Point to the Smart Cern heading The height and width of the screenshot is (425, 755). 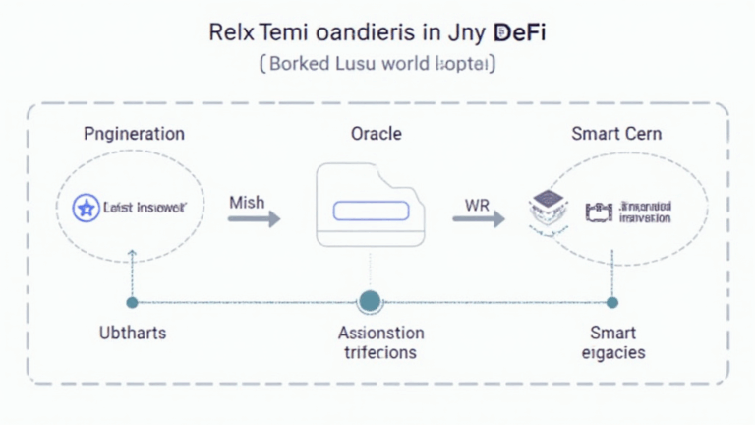click(616, 133)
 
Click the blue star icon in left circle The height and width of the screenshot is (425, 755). click(87, 208)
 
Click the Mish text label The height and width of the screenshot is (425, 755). click(248, 201)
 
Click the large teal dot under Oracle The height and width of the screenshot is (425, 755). click(370, 301)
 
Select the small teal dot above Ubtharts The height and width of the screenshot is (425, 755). click(132, 302)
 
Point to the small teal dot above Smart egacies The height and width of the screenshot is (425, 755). click(611, 302)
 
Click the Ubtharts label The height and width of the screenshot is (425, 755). click(132, 333)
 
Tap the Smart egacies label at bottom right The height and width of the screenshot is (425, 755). click(611, 342)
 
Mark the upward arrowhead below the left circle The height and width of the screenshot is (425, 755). click(132, 255)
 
